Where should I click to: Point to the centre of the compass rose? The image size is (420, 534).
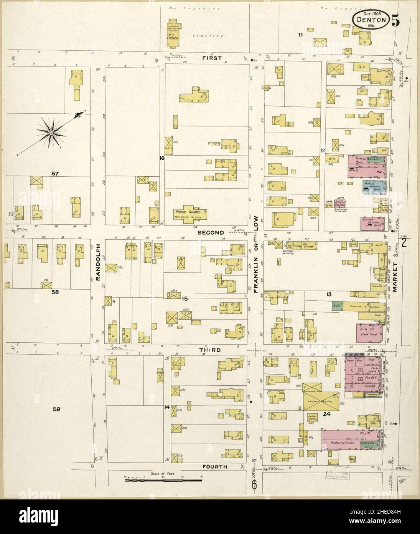click(51, 133)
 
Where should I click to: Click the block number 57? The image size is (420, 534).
click(55, 174)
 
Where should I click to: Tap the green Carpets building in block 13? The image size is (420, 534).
click(337, 307)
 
